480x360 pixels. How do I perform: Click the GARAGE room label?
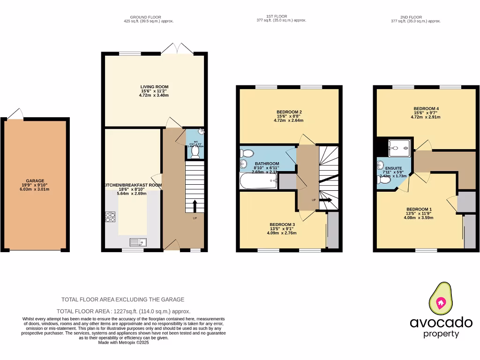pyautogui.click(x=35, y=180)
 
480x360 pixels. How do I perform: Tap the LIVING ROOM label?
pyautogui.click(x=154, y=87)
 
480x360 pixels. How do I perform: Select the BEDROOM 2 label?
pyautogui.click(x=289, y=112)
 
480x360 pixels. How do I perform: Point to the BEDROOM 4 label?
pyautogui.click(x=426, y=109)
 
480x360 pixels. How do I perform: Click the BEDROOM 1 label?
pyautogui.click(x=419, y=209)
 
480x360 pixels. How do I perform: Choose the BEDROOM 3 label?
pyautogui.click(x=282, y=225)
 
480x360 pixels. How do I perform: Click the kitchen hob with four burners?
pyautogui.click(x=111, y=217)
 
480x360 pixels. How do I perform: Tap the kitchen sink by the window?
pyautogui.click(x=139, y=242)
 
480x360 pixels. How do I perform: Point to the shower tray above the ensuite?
pyautogui.click(x=401, y=148)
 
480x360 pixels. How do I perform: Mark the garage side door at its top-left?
pyautogui.click(x=15, y=114)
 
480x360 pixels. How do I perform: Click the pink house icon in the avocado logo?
pyautogui.click(x=441, y=302)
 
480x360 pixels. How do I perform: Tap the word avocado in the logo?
pyautogui.click(x=441, y=322)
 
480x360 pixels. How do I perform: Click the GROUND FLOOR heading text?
pyautogui.click(x=145, y=17)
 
